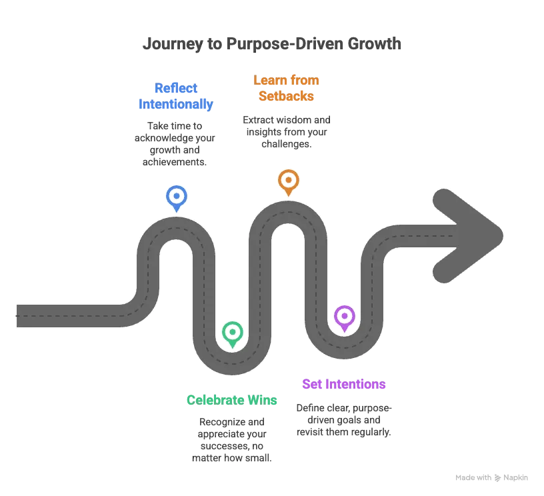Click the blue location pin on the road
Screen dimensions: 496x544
(x=176, y=197)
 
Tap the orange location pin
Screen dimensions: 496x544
(x=288, y=181)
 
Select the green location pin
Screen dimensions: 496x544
(x=232, y=332)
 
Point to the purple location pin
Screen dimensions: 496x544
(x=345, y=317)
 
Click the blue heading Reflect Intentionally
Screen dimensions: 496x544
(x=176, y=96)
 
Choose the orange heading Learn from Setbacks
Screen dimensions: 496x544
(x=285, y=87)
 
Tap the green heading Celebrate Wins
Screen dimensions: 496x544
(x=231, y=400)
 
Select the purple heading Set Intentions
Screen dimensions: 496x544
(x=344, y=384)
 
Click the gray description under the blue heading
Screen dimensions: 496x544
(x=176, y=143)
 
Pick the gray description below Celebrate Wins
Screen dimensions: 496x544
(x=232, y=439)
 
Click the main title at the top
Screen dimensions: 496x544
(x=272, y=44)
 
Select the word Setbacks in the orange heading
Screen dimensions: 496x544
(x=285, y=96)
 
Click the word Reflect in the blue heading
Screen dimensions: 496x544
(x=176, y=87)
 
